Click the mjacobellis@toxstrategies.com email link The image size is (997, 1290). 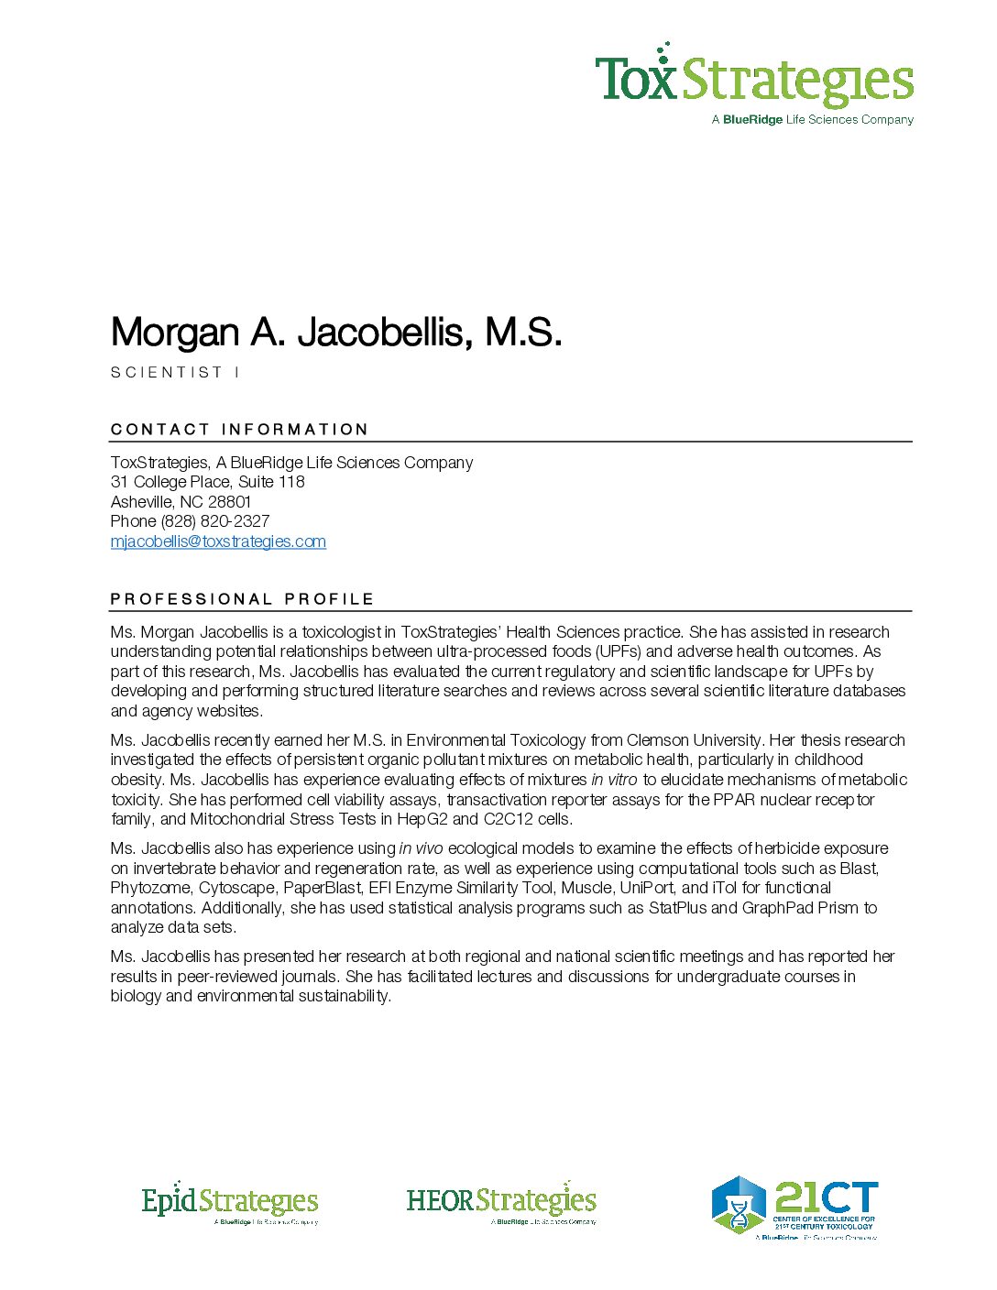pos(218,541)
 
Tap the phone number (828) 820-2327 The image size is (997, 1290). pos(215,521)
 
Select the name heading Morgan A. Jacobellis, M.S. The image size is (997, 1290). pos(335,332)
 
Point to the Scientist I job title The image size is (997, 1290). pos(175,372)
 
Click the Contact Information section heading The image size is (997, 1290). pos(239,429)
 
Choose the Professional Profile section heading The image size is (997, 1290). pos(242,598)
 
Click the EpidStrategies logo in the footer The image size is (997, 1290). pos(230,1202)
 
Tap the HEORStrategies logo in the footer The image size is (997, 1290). pos(501,1202)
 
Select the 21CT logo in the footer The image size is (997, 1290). pos(794,1208)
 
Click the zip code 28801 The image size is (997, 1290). pos(229,502)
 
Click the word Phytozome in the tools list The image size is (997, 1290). pos(150,888)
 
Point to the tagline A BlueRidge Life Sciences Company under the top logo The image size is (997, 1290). pos(812,119)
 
